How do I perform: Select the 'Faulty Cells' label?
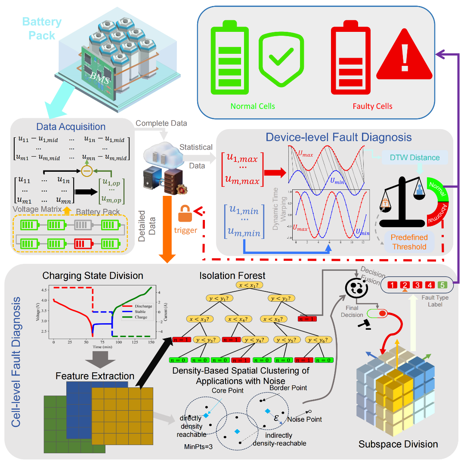(x=372, y=106)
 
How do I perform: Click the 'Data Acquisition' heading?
(x=71, y=127)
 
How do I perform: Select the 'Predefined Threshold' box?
(x=409, y=242)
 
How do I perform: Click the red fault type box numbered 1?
(x=392, y=285)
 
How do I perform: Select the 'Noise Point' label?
(x=304, y=419)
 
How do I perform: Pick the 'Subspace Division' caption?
(x=398, y=444)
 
